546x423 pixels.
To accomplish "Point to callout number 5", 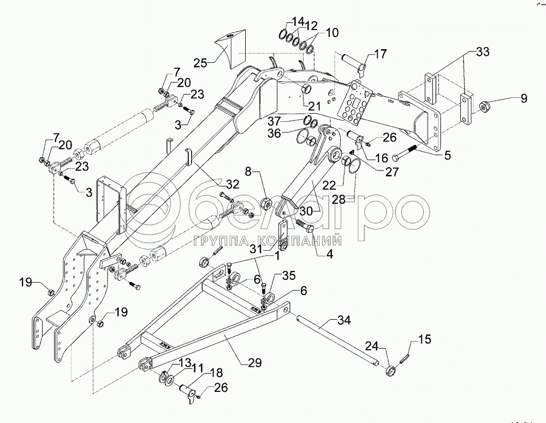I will tap(447, 155).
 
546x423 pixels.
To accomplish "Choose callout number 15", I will tap(424, 340).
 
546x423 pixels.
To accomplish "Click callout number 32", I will tap(218, 183).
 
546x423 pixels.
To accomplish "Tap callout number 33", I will tap(482, 52).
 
